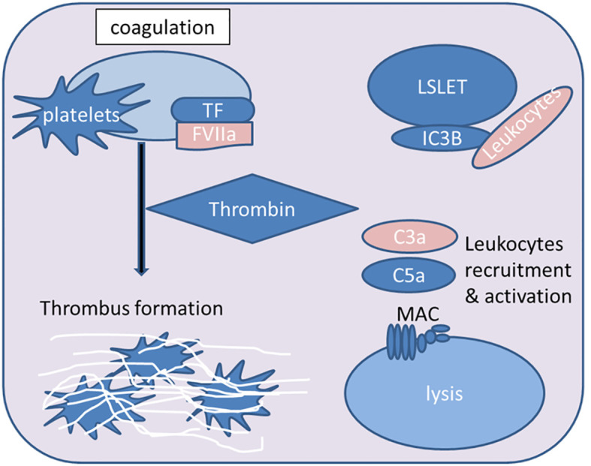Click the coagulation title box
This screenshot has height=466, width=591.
point(162,27)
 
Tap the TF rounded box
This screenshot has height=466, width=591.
point(213,110)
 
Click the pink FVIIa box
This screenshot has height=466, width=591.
point(214,135)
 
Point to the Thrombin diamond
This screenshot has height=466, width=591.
point(252,209)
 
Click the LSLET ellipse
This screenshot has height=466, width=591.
point(442,86)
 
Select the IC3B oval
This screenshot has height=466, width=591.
point(442,138)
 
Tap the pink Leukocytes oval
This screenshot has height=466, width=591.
point(523,127)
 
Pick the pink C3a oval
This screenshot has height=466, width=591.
point(409,237)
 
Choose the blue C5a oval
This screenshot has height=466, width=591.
point(409,275)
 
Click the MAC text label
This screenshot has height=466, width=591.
point(418,314)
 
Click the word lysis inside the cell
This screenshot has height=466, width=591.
point(445,394)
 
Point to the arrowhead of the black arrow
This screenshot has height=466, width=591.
point(141,272)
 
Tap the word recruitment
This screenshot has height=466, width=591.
point(518,270)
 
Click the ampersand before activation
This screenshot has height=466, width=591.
point(472,296)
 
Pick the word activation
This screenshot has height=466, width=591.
point(528,296)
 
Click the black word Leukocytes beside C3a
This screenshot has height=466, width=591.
point(514,244)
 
